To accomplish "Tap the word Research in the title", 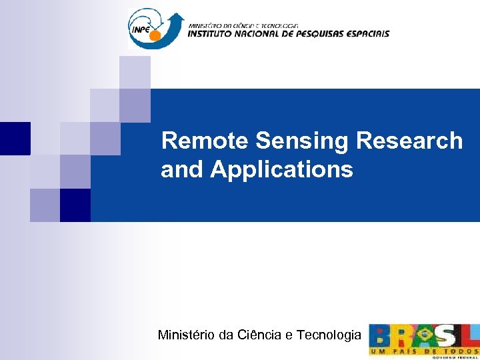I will click(x=409, y=141).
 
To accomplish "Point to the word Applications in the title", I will click(x=281, y=170).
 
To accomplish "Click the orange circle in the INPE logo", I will click(x=155, y=35).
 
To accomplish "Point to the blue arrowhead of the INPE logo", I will click(x=176, y=19).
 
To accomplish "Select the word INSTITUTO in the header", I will click(x=216, y=33).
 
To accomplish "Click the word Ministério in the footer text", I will click(x=187, y=335).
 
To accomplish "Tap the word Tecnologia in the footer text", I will click(x=327, y=335).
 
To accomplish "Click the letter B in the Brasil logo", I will click(x=381, y=335).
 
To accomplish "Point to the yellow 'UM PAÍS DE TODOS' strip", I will click(x=424, y=350).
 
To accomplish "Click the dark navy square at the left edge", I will click(x=15, y=138).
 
